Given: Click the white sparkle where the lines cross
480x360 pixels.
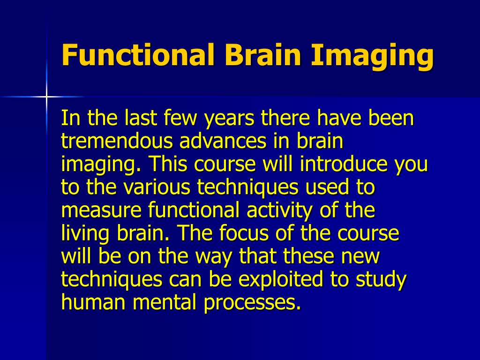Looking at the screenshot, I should [46, 97].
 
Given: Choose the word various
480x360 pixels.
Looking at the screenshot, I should [158, 188].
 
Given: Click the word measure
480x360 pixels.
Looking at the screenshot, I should [102, 211].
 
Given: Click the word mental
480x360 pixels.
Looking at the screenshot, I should [166, 303].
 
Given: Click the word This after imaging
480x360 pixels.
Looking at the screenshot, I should [168, 165].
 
